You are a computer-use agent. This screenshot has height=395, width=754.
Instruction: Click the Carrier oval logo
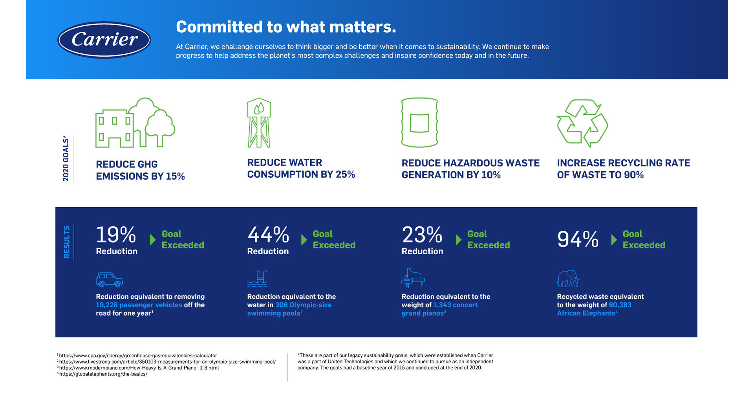[x=104, y=40]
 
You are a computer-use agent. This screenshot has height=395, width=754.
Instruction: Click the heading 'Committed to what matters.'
[x=285, y=27]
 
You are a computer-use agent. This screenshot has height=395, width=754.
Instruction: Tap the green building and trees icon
[x=135, y=123]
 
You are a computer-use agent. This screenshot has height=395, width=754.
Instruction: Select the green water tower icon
[x=259, y=123]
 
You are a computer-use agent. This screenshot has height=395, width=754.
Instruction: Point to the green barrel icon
[x=419, y=123]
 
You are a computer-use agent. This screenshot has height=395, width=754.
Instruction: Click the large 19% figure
[x=116, y=235]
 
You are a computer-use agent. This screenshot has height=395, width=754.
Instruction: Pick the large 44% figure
[x=268, y=235]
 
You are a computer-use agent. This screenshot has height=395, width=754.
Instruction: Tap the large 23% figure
[x=422, y=235]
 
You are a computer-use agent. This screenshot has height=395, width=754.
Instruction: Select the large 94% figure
[x=577, y=239]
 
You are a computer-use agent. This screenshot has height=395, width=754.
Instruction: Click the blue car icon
[x=109, y=279]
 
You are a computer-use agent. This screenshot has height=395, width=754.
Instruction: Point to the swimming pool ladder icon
[x=258, y=279]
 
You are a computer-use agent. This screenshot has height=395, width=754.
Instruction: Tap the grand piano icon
[x=413, y=278]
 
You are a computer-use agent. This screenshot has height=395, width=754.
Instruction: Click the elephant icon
[x=568, y=278]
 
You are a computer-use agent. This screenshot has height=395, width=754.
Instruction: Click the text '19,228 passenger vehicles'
[x=139, y=305]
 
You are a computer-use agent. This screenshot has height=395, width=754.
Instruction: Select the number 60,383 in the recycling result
[x=620, y=305]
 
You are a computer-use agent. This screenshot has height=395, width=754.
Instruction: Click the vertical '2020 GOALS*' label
[x=66, y=159]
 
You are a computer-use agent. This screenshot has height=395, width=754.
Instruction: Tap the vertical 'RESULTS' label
[x=67, y=242]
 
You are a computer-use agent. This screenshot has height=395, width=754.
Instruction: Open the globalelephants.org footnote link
[x=103, y=374]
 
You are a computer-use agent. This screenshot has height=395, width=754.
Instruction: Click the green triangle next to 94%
[x=614, y=240]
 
